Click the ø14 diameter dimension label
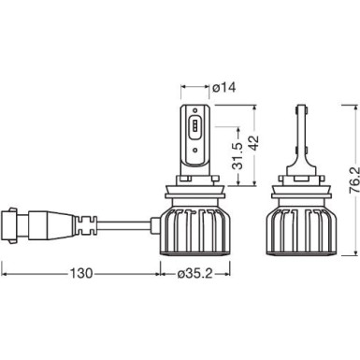[223, 88]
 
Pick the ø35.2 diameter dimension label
[203, 276]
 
